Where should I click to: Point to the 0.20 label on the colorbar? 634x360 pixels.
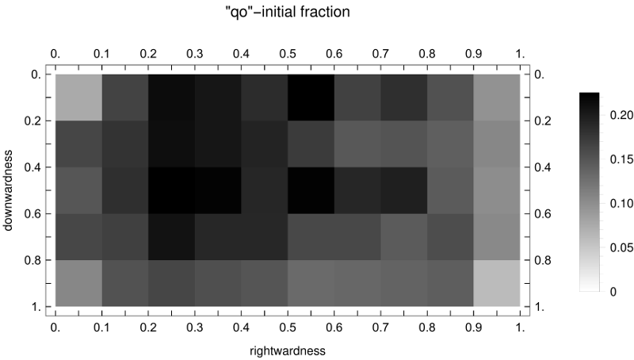(621, 115)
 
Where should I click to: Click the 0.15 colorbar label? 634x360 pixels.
(621, 159)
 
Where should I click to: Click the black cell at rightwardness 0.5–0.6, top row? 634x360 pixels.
(311, 98)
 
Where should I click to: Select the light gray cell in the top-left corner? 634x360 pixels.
(78, 98)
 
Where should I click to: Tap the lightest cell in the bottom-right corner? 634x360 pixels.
(496, 283)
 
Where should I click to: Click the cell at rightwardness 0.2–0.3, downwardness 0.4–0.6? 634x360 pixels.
(171, 190)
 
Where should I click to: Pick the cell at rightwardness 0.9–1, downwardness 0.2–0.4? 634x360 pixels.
(496, 144)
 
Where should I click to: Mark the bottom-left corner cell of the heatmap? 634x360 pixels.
(78, 283)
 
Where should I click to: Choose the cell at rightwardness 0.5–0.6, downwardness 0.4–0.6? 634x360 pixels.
(311, 190)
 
